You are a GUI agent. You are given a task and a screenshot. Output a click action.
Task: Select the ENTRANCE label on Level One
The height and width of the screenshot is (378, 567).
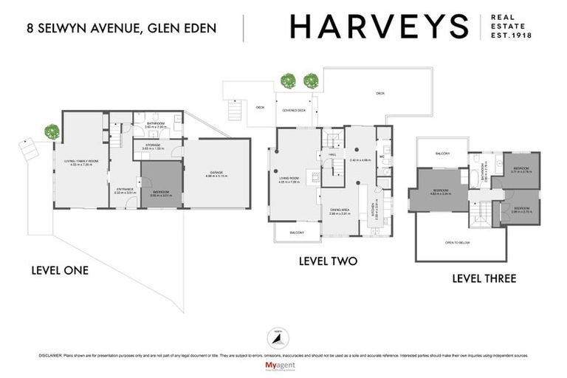point(123,190)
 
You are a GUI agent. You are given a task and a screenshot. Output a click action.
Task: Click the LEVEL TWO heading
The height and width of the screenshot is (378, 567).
point(328,261)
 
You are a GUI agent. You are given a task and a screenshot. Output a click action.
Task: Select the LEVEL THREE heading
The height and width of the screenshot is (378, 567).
point(484,278)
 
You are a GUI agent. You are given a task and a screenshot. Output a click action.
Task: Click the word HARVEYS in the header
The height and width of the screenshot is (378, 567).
point(379,27)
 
